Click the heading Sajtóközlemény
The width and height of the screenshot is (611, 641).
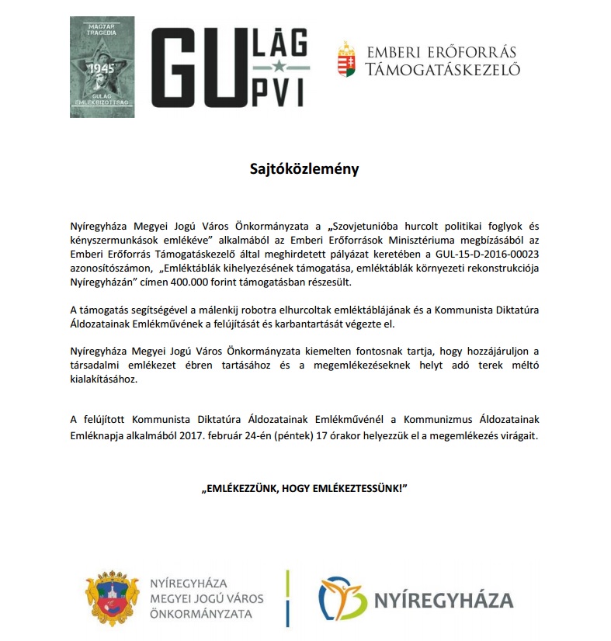point(305,168)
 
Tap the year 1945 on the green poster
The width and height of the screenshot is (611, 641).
point(102,68)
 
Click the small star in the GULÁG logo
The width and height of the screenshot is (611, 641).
point(278,67)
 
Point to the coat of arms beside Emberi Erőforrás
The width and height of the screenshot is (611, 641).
point(346,59)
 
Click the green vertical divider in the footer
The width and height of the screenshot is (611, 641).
point(288,599)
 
